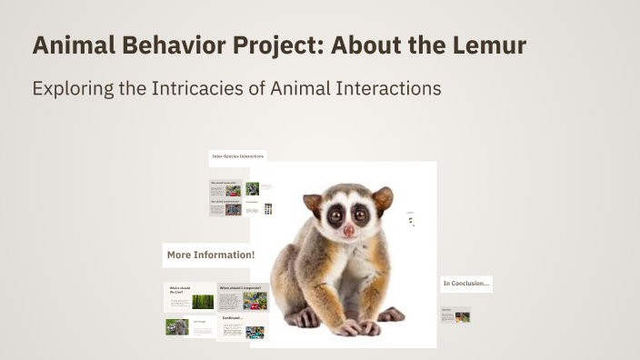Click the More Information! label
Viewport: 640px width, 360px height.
click(210, 255)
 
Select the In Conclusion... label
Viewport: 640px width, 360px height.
click(466, 284)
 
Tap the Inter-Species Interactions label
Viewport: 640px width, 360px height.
click(238, 157)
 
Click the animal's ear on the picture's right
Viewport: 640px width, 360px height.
click(383, 198)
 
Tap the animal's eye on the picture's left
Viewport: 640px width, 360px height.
click(332, 216)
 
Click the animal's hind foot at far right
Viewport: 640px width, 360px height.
click(389, 315)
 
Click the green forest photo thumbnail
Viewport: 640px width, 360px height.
click(203, 301)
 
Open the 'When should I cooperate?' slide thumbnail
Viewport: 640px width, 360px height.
click(243, 297)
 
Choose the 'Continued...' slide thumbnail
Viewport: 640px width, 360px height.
click(243, 327)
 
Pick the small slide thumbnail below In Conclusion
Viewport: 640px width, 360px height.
click(455, 316)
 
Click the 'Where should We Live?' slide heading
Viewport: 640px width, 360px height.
click(179, 290)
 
